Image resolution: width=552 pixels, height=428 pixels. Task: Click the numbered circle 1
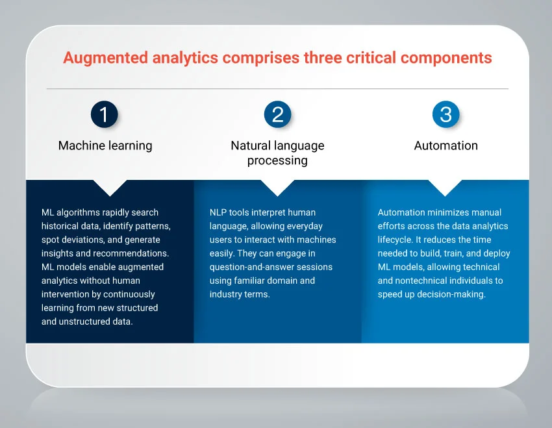[104, 115]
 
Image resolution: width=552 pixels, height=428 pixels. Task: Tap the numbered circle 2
[277, 115]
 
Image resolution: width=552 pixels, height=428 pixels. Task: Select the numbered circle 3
[445, 115]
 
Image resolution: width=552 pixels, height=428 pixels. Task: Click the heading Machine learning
[105, 145]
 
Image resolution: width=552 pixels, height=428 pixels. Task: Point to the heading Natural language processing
[277, 153]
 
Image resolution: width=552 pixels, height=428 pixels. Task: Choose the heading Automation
[445, 145]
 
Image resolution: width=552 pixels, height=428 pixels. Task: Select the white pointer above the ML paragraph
[110, 188]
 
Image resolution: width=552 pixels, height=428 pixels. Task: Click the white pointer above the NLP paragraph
[277, 188]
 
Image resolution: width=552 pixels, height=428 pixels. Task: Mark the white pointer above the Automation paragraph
[445, 188]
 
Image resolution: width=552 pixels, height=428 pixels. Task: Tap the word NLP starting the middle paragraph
[218, 212]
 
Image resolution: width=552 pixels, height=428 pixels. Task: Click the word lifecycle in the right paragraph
[395, 240]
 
